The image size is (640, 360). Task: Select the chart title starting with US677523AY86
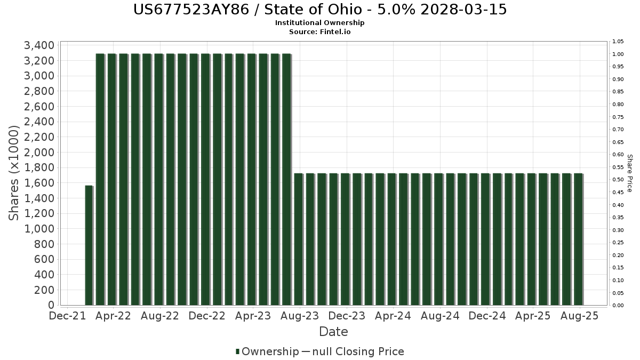(x=320, y=10)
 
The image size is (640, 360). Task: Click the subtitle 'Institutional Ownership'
(x=319, y=23)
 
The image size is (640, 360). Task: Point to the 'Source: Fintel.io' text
(x=319, y=31)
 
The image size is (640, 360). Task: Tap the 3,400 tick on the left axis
(x=39, y=45)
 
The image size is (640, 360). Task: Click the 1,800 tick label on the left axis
(x=39, y=167)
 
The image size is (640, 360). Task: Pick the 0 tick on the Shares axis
(x=51, y=305)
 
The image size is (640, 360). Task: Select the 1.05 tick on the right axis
(x=618, y=42)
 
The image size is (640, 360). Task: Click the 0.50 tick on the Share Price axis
(x=618, y=180)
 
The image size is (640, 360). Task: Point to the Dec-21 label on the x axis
(x=67, y=316)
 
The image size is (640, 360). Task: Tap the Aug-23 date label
(x=300, y=316)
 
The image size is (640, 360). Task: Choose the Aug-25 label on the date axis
(x=579, y=316)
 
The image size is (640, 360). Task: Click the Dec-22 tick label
(x=207, y=316)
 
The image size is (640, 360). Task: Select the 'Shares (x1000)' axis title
(x=13, y=173)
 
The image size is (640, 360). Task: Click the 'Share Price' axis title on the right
(x=629, y=173)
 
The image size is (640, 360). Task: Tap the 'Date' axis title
(x=333, y=332)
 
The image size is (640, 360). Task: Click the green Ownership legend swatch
(x=237, y=351)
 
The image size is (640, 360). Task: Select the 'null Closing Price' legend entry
(x=358, y=351)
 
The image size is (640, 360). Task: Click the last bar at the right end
(x=578, y=239)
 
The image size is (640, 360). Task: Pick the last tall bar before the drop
(x=286, y=179)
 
